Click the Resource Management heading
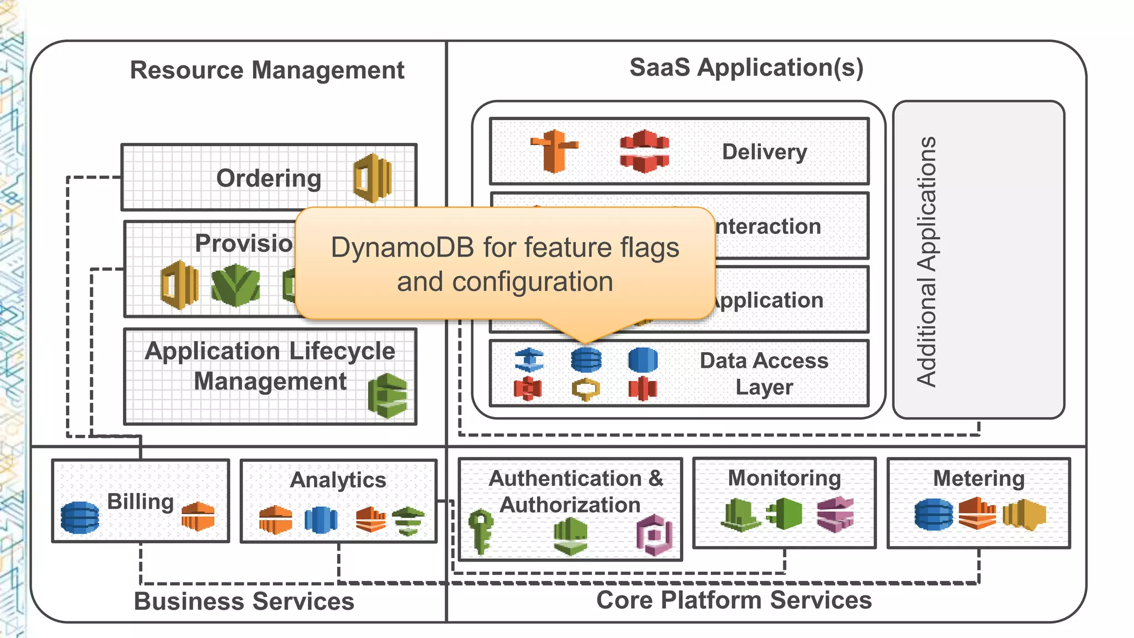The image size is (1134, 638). coord(267,70)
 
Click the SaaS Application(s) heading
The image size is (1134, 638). coord(746,68)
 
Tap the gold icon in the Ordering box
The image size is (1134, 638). coord(373,178)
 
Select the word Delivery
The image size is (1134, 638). coord(764,152)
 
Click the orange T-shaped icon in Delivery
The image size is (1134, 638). coord(554,151)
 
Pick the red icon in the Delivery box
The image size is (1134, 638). coord(644,151)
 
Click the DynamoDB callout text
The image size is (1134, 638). coord(504,264)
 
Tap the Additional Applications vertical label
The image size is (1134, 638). coord(926,261)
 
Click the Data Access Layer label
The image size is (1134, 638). coord(764,374)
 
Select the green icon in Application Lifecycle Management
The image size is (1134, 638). coord(388,395)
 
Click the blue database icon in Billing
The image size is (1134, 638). coord(80,517)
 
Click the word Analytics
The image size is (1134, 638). coord(338,480)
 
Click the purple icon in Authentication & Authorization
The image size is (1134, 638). coord(654,534)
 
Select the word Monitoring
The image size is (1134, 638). coord(784,478)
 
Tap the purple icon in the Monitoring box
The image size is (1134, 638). coord(835,514)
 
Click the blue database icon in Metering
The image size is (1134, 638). coord(934,514)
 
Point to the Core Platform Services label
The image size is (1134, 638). coord(734,600)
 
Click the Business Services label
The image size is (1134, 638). coord(244,601)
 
